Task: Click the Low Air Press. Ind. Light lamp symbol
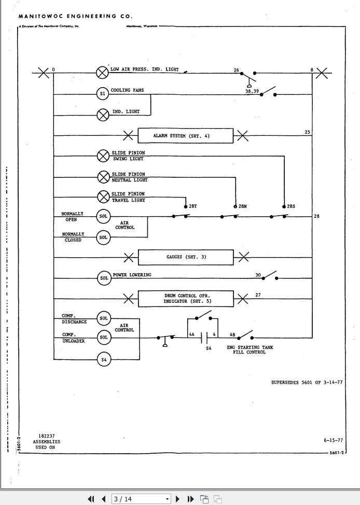coord(103,72)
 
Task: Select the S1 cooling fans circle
coord(103,94)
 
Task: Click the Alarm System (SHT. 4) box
coord(185,136)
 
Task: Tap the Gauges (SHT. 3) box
coord(185,257)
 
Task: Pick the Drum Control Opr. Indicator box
coord(185,299)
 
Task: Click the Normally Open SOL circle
coord(104,216)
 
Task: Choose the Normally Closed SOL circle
coord(104,237)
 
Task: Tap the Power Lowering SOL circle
coord(104,278)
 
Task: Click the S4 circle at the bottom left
coord(104,359)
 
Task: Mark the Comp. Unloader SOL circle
coord(104,338)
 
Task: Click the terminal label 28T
coord(192,206)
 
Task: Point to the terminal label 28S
coord(291,206)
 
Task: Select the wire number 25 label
coord(308,132)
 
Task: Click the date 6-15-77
coord(333,440)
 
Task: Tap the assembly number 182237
coord(46,436)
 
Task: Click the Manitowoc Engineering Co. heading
coord(75,17)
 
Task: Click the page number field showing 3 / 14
coord(137,499)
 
